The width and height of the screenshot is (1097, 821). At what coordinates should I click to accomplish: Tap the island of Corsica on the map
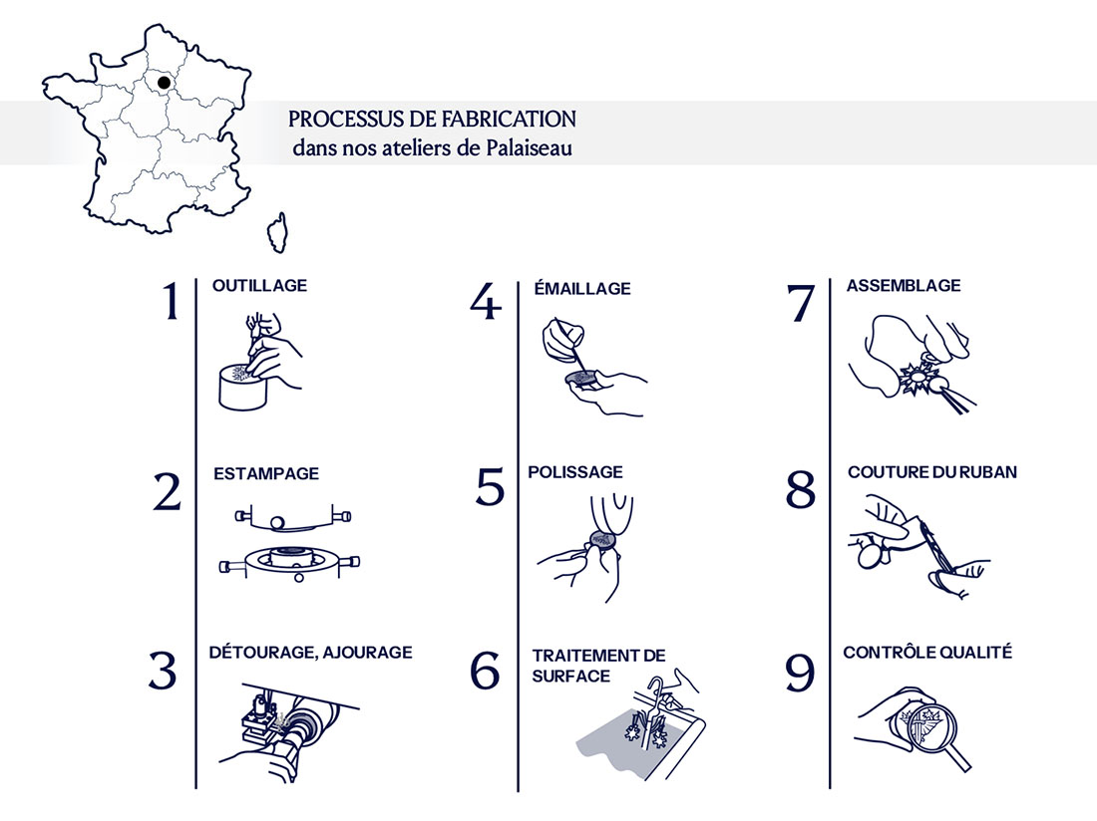(x=276, y=233)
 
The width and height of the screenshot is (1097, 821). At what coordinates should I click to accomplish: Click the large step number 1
(x=171, y=302)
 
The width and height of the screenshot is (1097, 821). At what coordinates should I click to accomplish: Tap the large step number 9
(x=801, y=673)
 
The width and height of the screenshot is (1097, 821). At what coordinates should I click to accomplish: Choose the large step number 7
(x=801, y=302)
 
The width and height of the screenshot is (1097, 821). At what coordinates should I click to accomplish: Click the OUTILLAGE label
(x=259, y=286)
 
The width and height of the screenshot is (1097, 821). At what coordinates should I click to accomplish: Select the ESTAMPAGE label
(x=266, y=474)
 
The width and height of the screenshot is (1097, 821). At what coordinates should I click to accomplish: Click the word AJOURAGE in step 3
(x=365, y=653)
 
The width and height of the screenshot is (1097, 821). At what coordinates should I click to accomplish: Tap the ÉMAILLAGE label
(x=582, y=289)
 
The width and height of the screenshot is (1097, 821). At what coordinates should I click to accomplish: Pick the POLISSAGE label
(x=575, y=472)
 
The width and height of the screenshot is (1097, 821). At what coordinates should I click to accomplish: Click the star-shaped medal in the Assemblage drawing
(x=914, y=383)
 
